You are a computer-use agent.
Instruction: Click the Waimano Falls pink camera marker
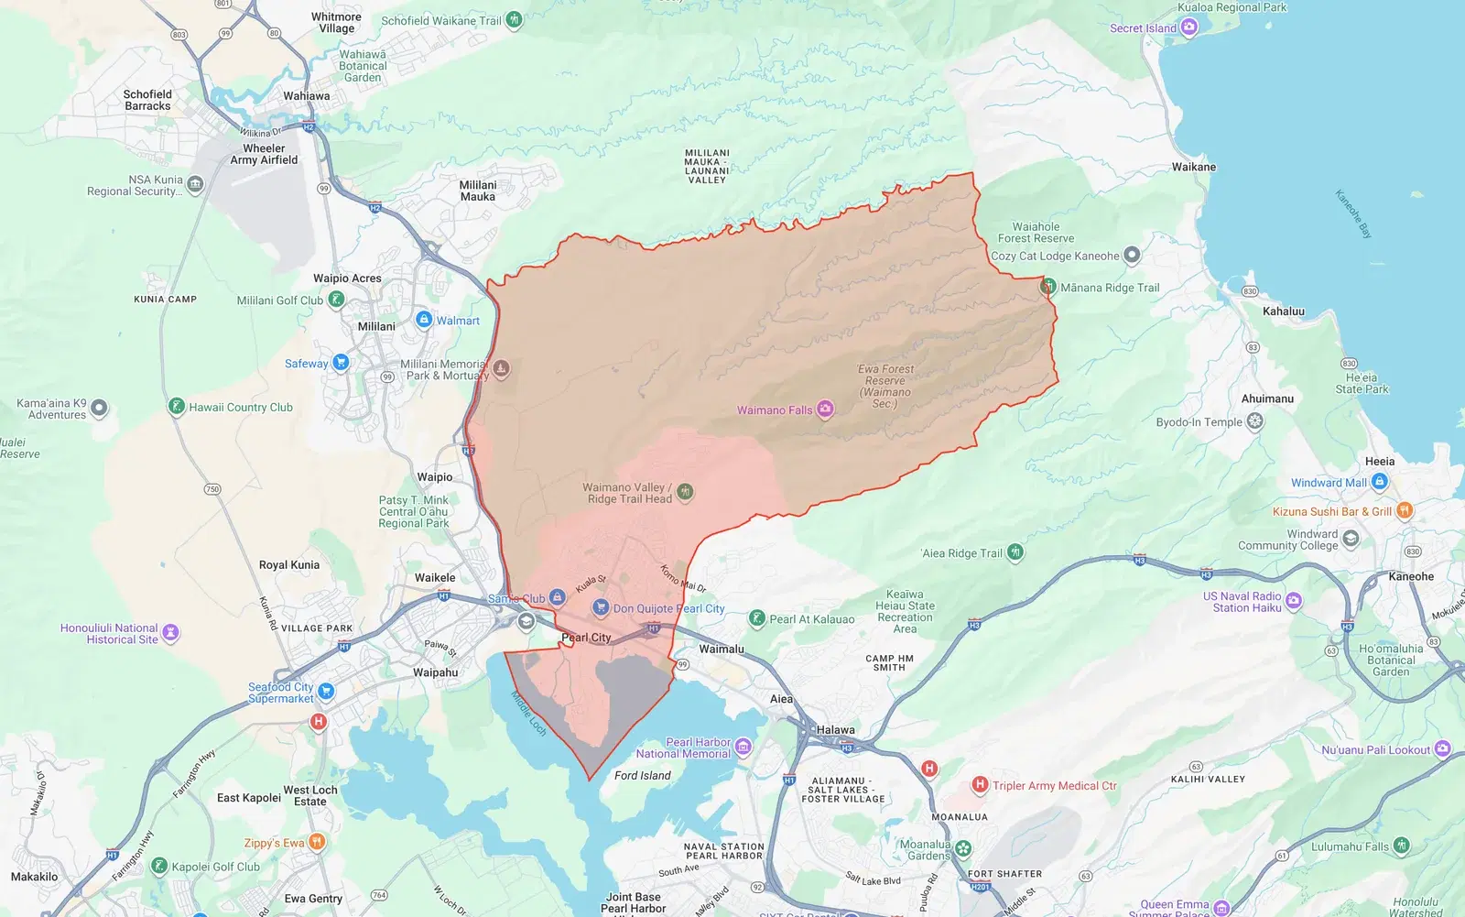(825, 409)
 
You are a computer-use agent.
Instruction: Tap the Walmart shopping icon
(424, 320)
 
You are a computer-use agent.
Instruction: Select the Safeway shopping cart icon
(341, 363)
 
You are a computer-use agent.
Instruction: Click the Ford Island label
(642, 775)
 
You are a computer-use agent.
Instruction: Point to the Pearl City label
(586, 638)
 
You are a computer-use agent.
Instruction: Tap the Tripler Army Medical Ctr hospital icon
(980, 784)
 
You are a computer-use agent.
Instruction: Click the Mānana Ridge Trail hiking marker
(1048, 287)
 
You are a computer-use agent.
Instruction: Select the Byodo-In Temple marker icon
(1255, 421)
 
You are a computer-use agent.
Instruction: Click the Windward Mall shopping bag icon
(1380, 482)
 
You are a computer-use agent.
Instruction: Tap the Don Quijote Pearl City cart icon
(601, 607)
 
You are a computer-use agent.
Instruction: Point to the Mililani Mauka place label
(478, 191)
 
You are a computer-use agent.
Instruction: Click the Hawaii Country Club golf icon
(177, 406)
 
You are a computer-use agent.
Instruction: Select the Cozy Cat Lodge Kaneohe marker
(1132, 256)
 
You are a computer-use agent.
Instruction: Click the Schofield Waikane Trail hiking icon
(515, 19)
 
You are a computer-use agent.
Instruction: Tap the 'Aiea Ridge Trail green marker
(1015, 552)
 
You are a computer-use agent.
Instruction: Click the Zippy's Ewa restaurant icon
(317, 842)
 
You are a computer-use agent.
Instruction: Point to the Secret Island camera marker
(1189, 27)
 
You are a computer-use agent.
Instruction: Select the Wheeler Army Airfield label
(264, 154)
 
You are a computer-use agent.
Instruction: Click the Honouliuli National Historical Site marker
(170, 633)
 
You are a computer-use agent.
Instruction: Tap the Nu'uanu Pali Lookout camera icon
(1442, 749)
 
